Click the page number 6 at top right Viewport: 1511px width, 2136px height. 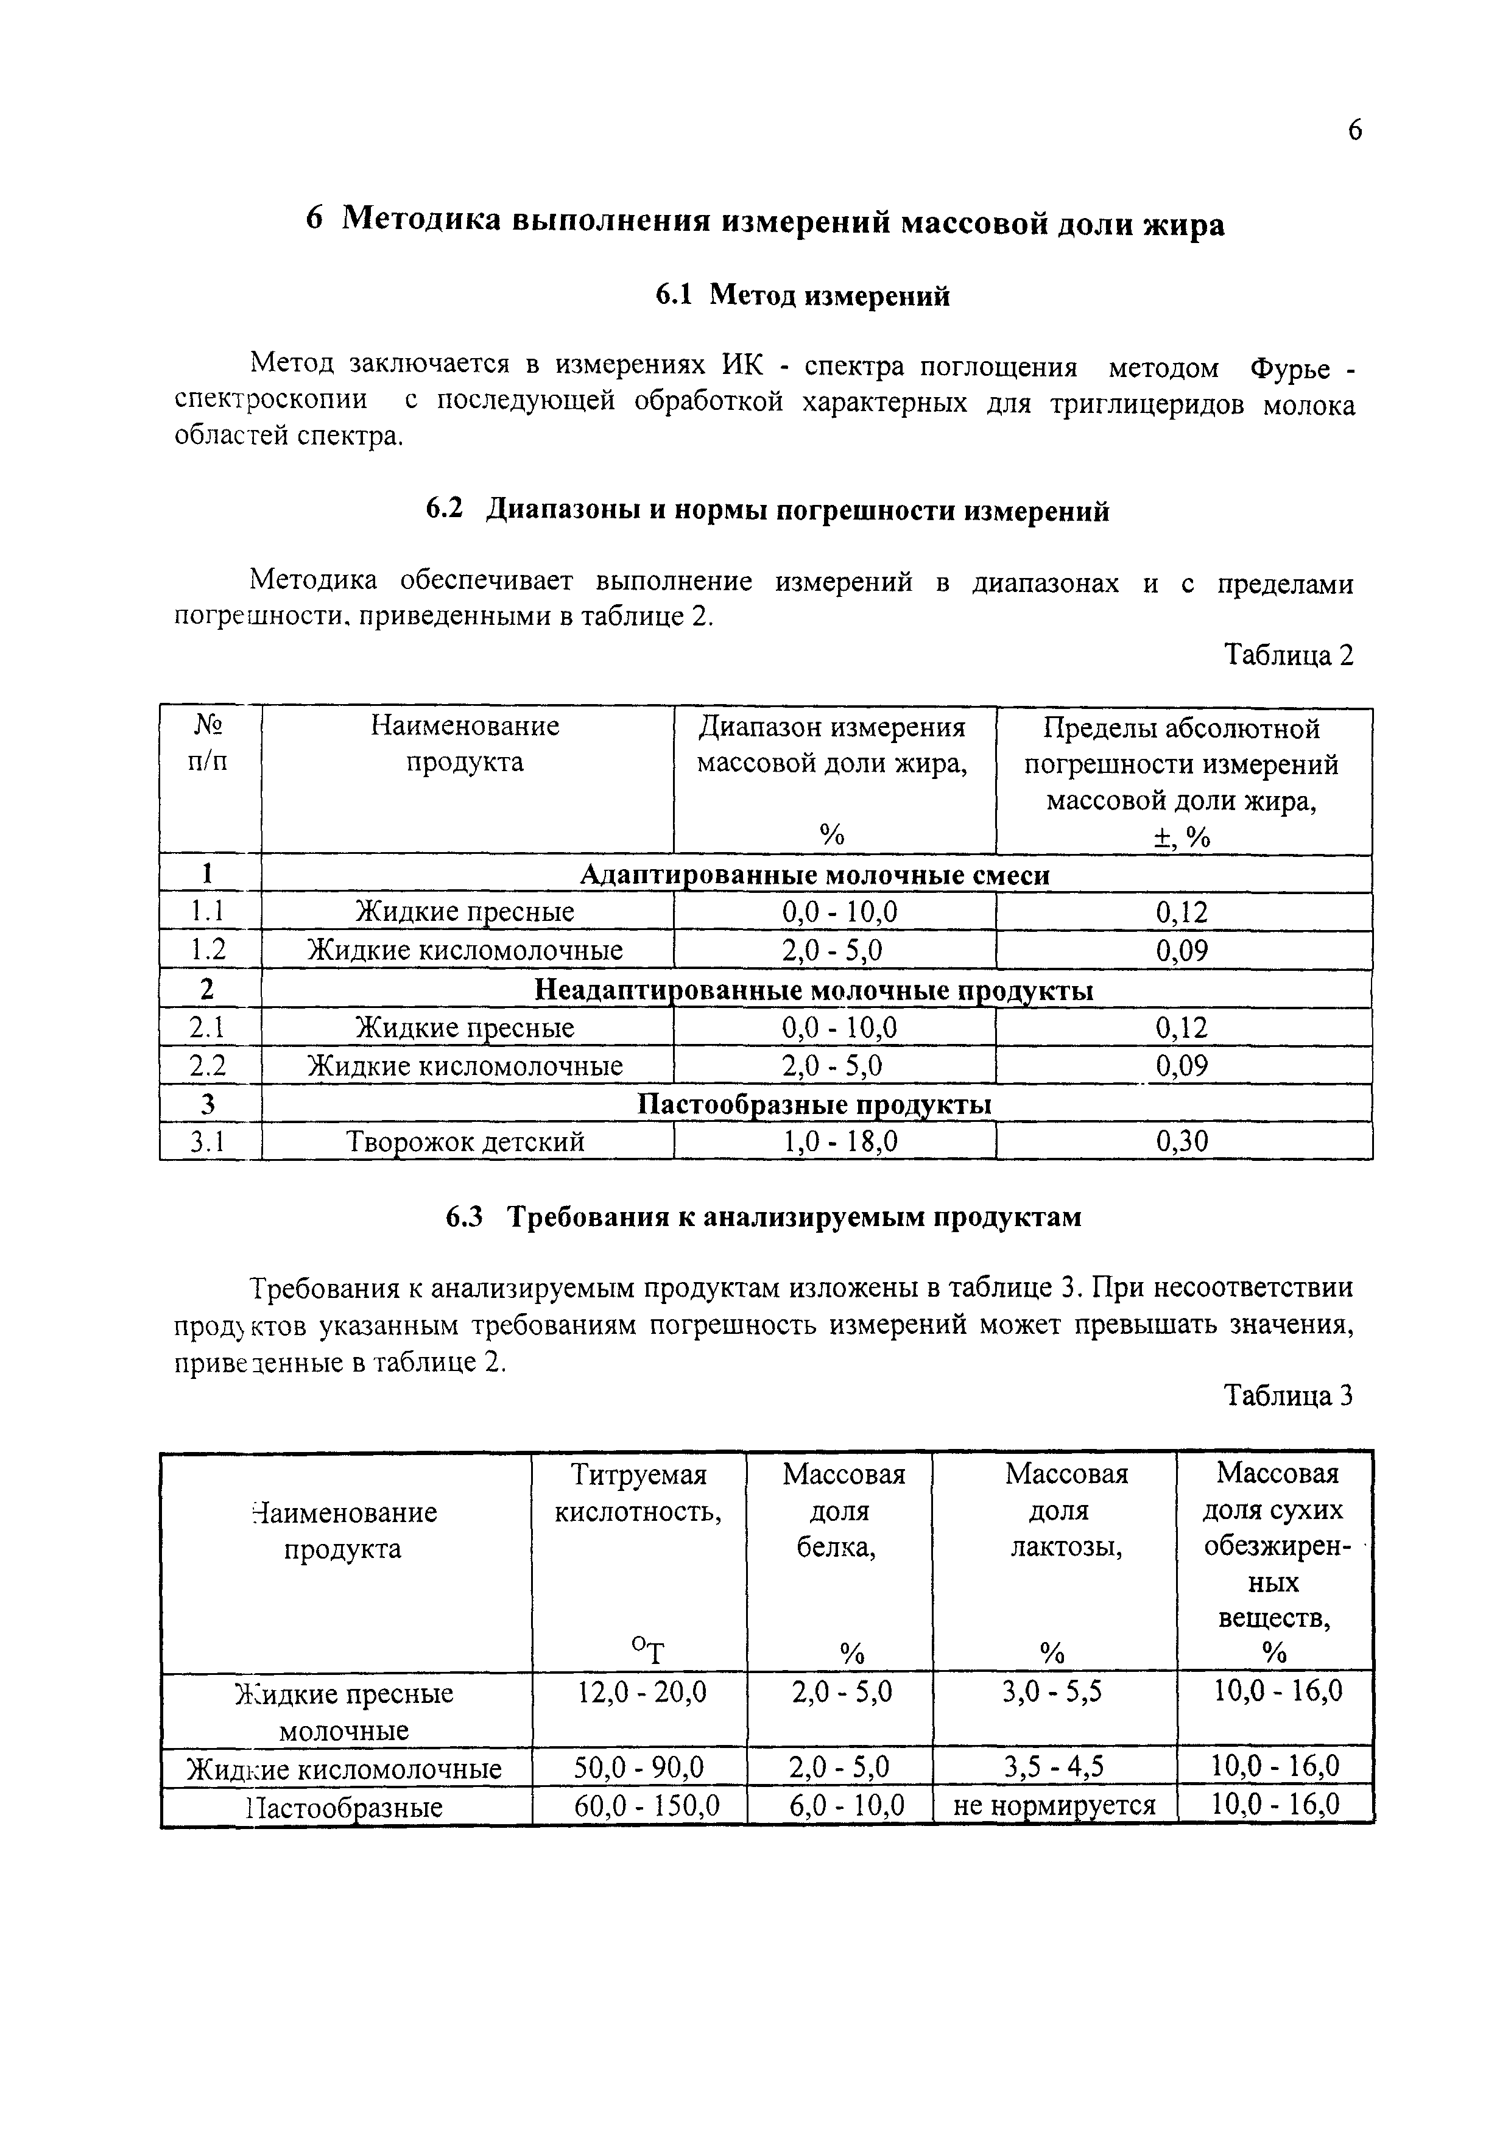[x=1354, y=131]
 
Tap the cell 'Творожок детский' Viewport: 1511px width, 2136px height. [x=465, y=1141]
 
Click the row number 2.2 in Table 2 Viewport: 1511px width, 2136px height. [x=208, y=1066]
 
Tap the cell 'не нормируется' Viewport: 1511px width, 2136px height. [x=1054, y=1806]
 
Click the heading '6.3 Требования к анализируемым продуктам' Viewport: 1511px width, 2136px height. [x=763, y=1218]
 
